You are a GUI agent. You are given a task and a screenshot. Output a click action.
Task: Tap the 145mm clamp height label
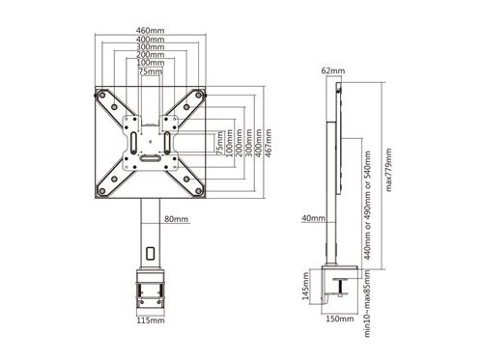305,287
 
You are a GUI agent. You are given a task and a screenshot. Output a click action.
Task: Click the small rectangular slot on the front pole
150,254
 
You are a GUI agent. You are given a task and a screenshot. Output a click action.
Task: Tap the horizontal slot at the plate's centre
151,155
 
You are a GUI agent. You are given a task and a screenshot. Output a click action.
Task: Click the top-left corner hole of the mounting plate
100,95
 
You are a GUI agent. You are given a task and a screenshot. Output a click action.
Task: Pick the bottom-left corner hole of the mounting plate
100,192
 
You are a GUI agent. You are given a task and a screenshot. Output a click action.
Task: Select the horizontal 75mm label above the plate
150,71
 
